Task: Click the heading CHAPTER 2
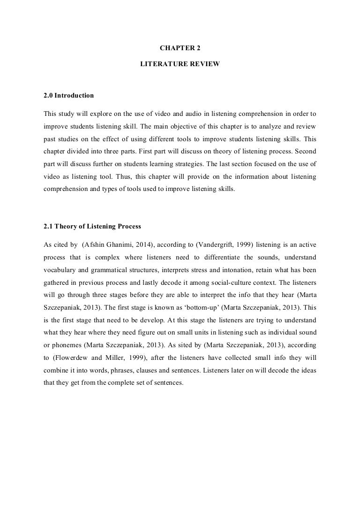pos(180,48)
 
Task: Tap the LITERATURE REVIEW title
pos(180,63)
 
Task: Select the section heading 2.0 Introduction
pos(68,96)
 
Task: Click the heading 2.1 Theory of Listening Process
pos(92,227)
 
